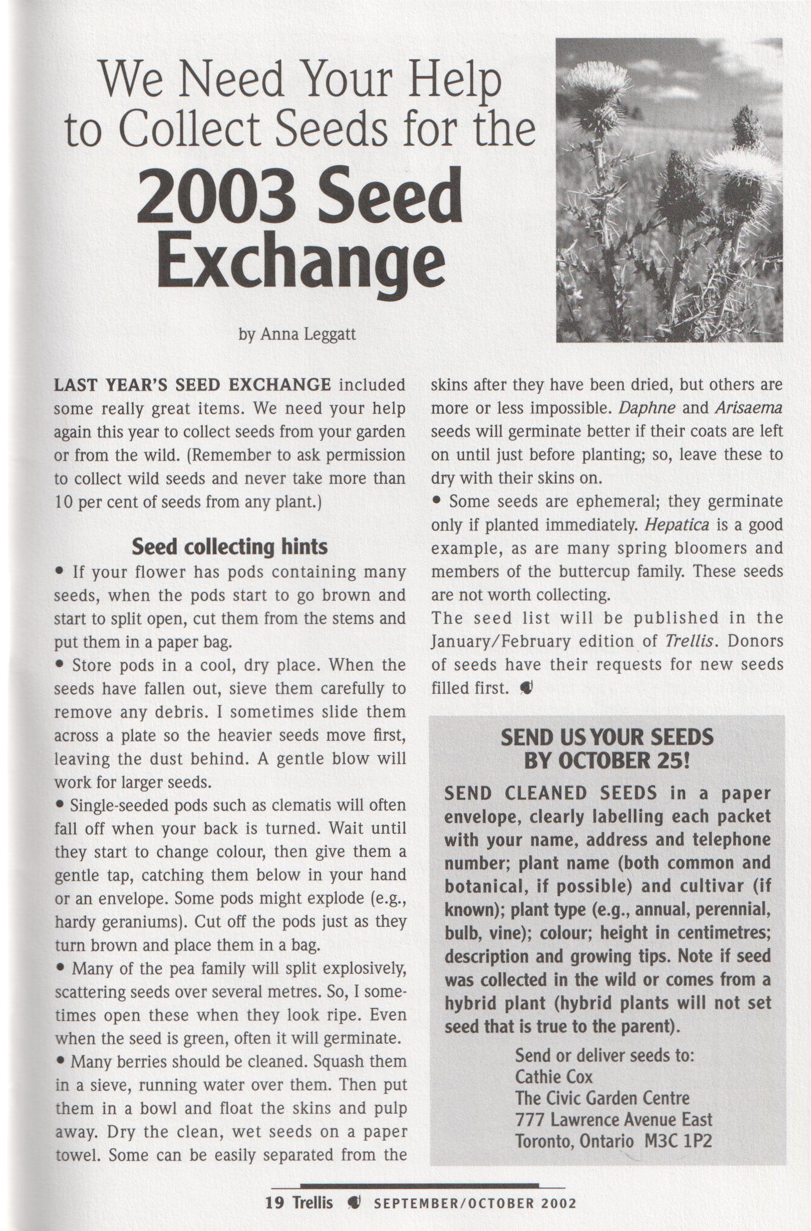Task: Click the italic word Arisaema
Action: point(749,408)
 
